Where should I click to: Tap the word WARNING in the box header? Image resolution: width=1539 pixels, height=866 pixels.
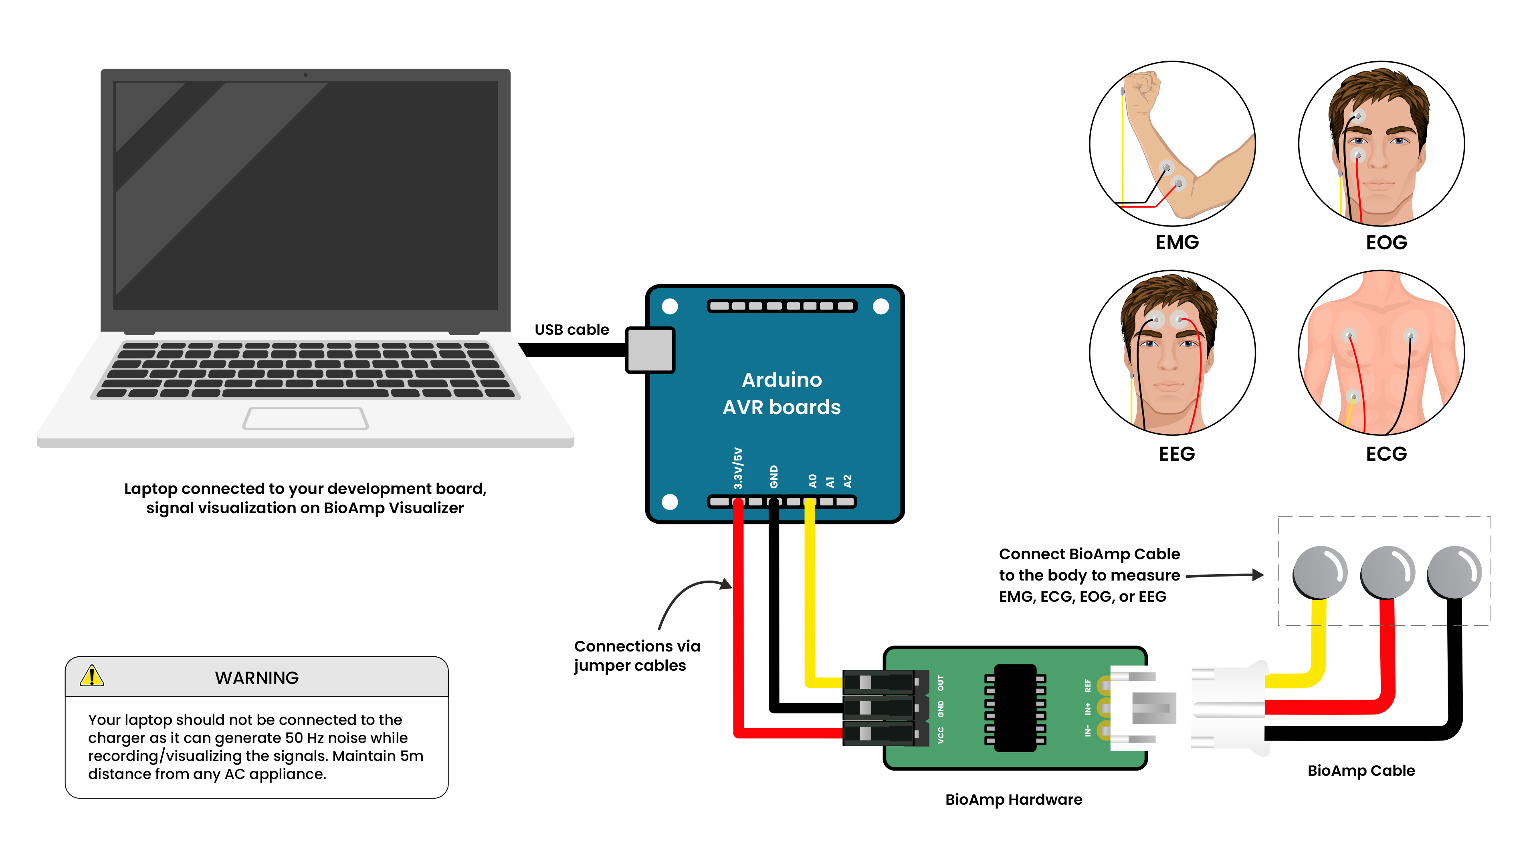coord(256,678)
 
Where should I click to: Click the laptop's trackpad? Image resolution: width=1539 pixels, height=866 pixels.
coord(305,418)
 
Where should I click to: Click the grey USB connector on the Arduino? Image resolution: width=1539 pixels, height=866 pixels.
coord(650,350)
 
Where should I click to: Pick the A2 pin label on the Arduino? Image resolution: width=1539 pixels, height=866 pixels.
coord(847,481)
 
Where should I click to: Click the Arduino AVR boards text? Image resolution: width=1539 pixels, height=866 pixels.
coord(782,393)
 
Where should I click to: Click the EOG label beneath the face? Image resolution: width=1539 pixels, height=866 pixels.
coord(1386,242)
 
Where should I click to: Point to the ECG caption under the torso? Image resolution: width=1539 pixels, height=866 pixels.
coord(1386,453)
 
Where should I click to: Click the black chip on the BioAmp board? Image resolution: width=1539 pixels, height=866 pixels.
coord(1015,708)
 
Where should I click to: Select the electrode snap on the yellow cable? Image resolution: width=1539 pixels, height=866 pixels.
coord(1320,572)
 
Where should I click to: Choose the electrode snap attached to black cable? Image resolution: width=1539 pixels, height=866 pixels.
coord(1454,572)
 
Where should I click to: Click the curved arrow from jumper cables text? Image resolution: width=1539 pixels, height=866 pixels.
coord(687,595)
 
